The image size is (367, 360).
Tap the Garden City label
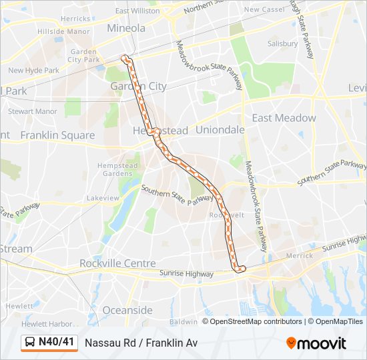pyautogui.click(x=139, y=86)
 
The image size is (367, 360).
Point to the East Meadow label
pyautogui.click(x=284, y=118)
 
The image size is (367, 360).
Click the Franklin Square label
pyautogui.click(x=57, y=135)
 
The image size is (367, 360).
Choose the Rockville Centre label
pyautogui.click(x=117, y=263)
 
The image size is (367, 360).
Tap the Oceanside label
pyautogui.click(x=127, y=310)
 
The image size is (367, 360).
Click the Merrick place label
pyautogui.click(x=298, y=255)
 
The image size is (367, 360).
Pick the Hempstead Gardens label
pyautogui.click(x=121, y=169)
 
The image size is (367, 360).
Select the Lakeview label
pyautogui.click(x=103, y=198)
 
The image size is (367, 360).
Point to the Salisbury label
pyautogui.click(x=282, y=43)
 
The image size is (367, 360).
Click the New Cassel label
pyautogui.click(x=264, y=9)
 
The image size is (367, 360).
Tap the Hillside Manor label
pyautogui.click(x=64, y=31)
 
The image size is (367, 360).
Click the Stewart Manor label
pyautogui.click(x=33, y=111)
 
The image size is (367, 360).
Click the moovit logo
pyautogui.click(x=316, y=343)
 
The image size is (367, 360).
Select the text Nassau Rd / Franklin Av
pyautogui.click(x=141, y=343)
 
